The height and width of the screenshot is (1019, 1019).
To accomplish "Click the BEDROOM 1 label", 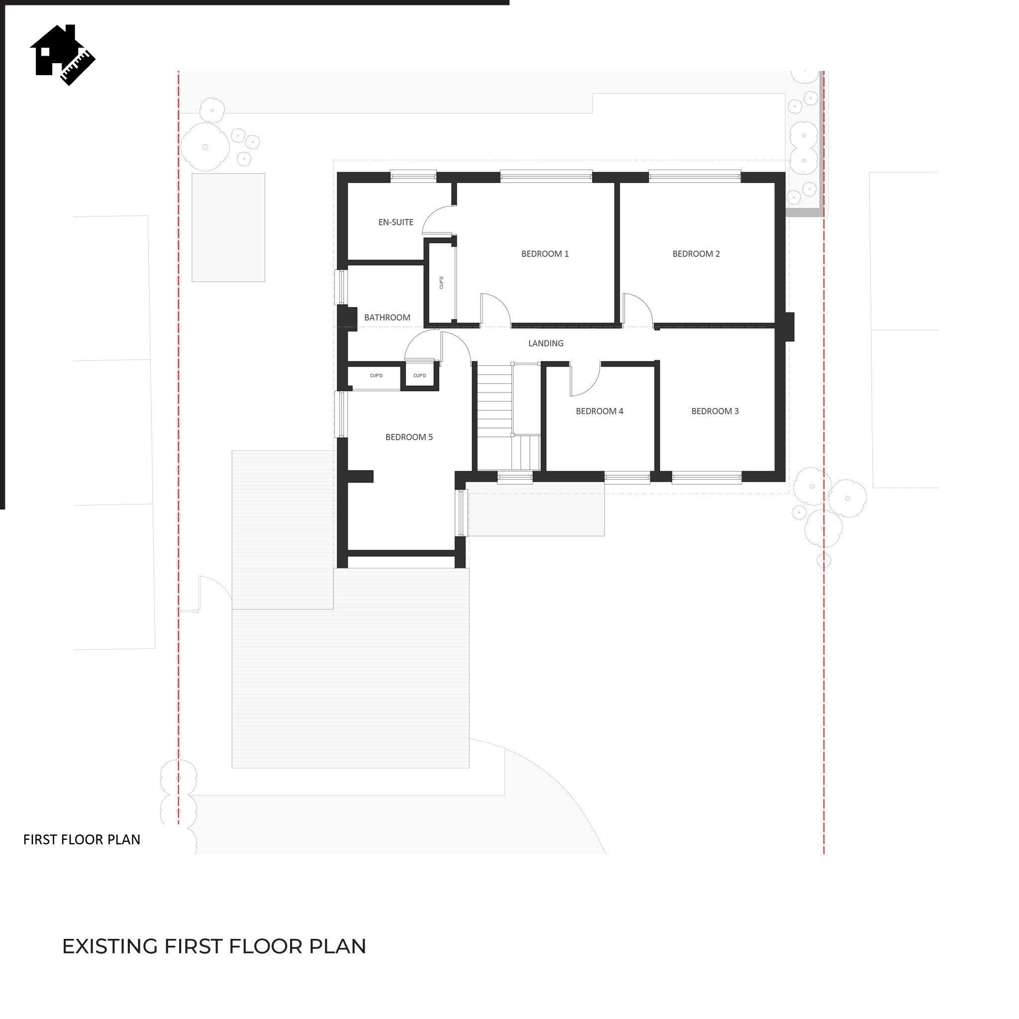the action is point(545,254).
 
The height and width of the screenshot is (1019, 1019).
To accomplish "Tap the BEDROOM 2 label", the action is point(696,254).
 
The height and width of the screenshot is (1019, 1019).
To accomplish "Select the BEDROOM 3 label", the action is point(714,411).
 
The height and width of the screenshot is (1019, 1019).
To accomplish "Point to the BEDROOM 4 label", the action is point(599,411).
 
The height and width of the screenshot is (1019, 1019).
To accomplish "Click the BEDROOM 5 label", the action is point(409,437).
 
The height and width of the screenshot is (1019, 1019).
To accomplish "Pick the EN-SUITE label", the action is point(396,222).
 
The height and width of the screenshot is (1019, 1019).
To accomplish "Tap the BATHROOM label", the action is point(387,317).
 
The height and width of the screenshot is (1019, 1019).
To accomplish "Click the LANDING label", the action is point(546,343).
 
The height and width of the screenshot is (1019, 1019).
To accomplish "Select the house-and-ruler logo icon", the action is point(62,55).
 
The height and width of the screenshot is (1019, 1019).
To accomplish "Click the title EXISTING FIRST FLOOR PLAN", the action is point(214,946).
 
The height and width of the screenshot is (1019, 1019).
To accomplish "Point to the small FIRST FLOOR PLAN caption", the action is point(82,840).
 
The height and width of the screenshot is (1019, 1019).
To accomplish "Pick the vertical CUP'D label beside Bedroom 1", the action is point(441,282).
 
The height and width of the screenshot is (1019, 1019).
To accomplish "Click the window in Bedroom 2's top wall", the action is point(695,176).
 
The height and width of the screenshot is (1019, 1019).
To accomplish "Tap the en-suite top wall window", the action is point(413,176).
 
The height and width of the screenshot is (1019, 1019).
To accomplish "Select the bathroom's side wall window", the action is point(341,288).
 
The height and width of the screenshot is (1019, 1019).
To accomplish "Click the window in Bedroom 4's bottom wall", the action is point(627,478).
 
